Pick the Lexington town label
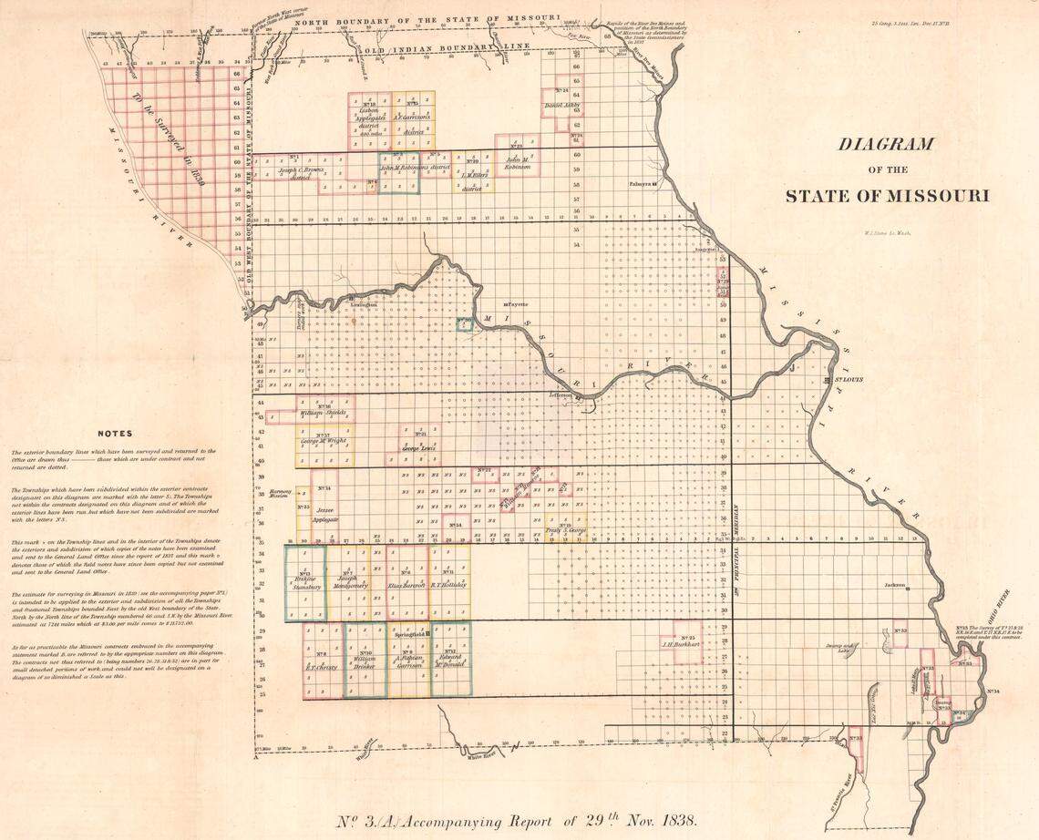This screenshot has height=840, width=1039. point(363,304)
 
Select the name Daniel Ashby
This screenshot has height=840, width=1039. point(561,105)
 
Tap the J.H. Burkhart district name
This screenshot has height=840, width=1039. point(679,643)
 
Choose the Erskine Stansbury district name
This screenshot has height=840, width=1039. point(305,583)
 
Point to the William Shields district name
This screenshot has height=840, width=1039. point(323,412)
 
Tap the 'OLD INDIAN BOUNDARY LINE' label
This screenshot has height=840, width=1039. point(428,46)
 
